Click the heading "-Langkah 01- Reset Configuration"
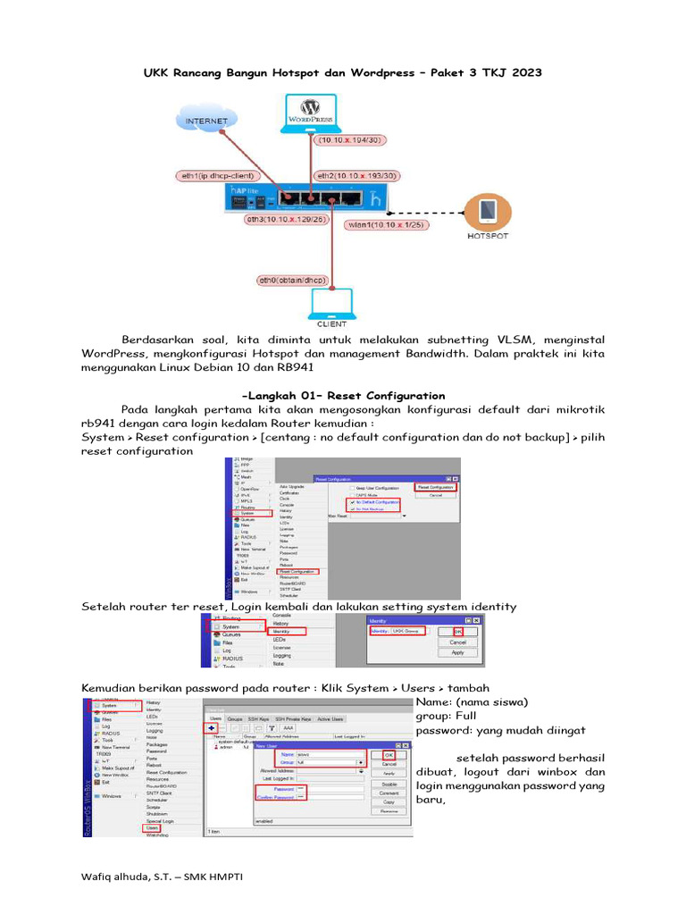[343, 395]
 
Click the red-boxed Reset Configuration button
[435, 486]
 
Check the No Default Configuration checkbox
[352, 502]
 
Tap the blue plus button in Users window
[212, 728]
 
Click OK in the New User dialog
[389, 754]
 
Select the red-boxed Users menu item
[152, 828]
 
